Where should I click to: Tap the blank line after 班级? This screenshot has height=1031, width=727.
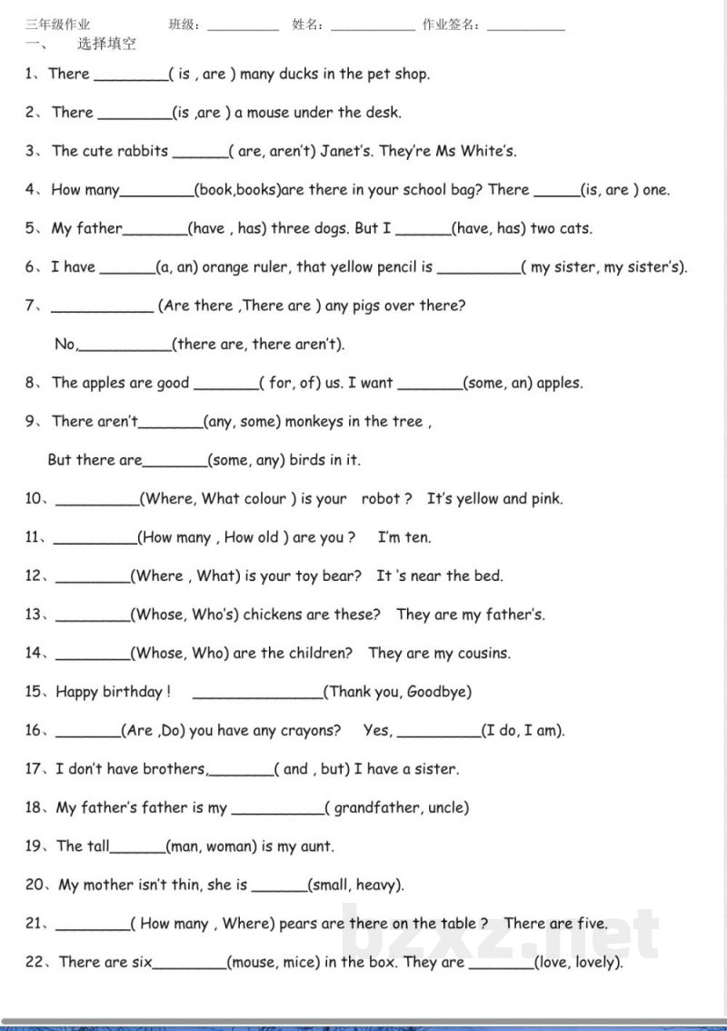pos(243,27)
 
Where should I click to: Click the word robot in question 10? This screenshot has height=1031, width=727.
pos(382,499)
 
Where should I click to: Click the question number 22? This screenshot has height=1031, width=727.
pos(35,962)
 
